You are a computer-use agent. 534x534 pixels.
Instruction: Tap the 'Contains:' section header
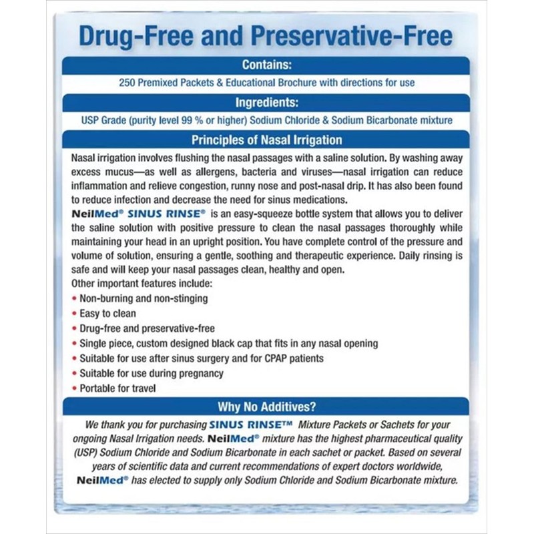[266, 65]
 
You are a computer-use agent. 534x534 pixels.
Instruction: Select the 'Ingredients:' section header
[266, 103]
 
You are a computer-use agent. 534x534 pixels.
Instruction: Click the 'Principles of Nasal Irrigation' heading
[266, 140]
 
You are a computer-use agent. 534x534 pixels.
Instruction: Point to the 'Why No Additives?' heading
[266, 407]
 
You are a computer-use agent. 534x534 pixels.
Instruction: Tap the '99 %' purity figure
[207, 120]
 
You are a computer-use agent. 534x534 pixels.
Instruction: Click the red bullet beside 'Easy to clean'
[73, 314]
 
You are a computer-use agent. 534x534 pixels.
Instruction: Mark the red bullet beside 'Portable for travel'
[73, 388]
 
